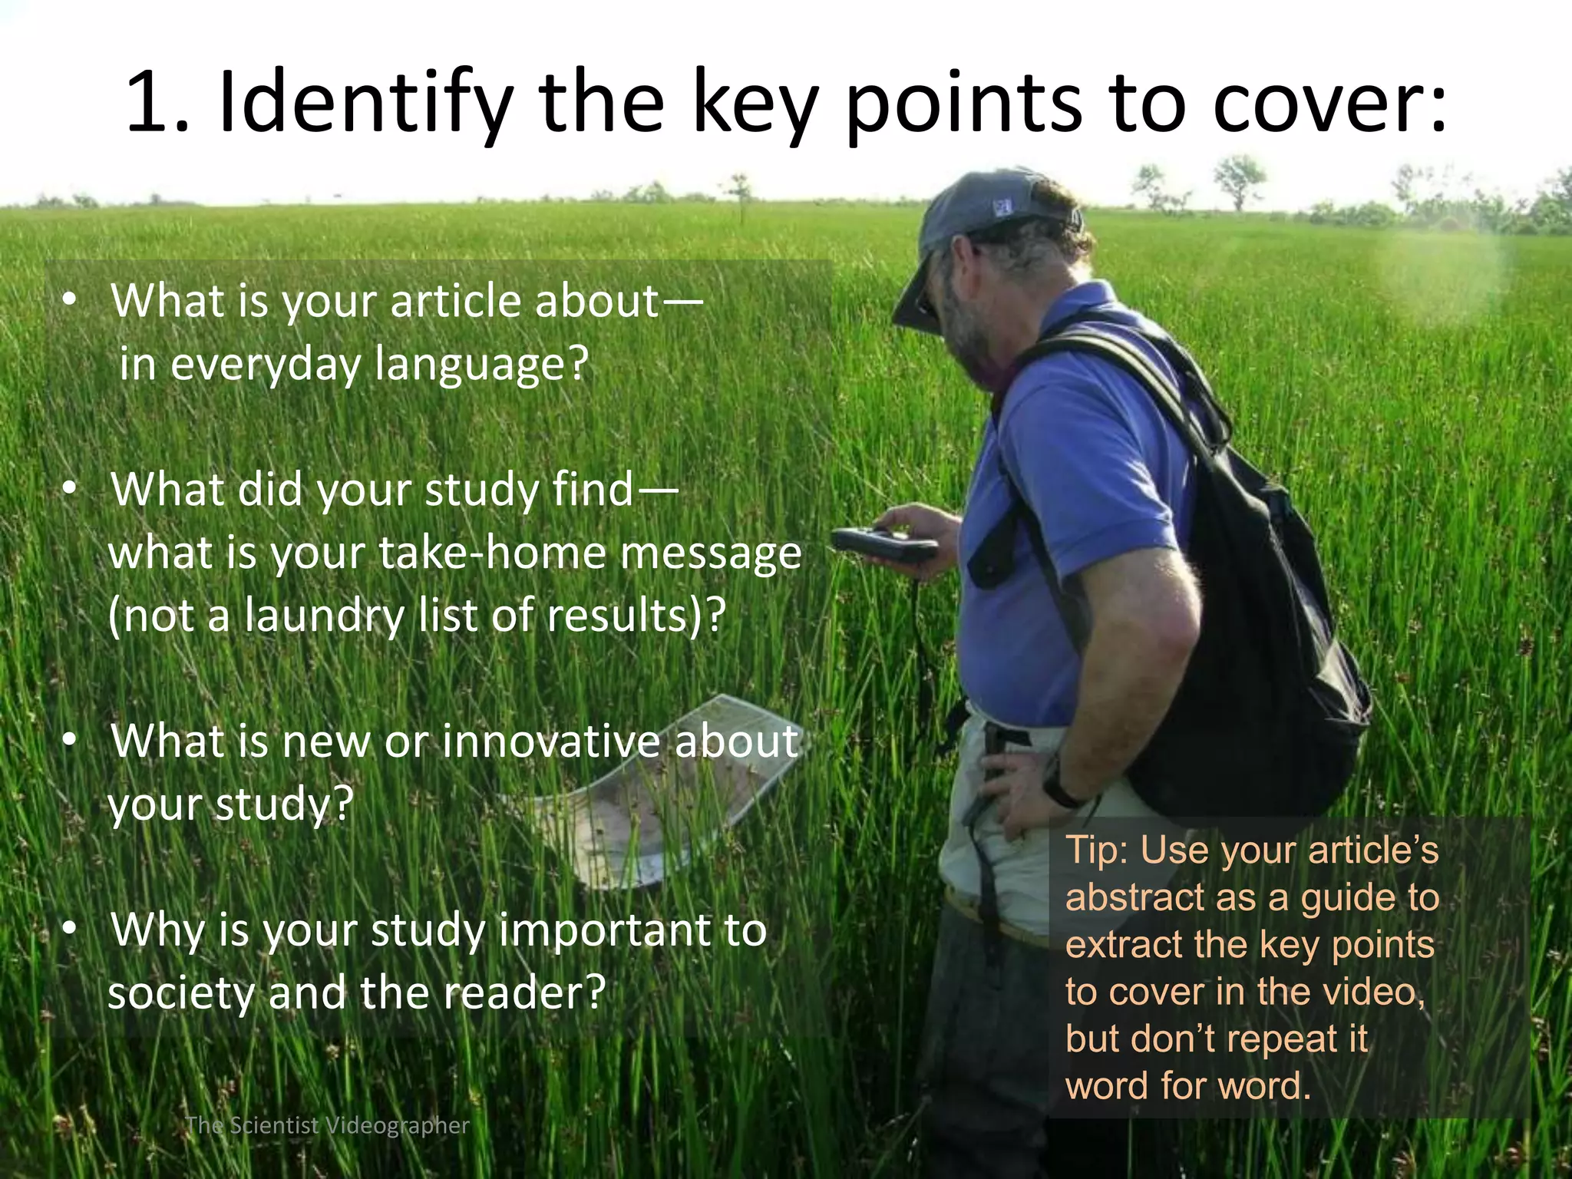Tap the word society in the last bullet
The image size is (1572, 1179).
pos(181,994)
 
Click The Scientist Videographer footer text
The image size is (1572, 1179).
pos(328,1125)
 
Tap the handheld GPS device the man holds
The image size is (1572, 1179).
pos(883,543)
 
